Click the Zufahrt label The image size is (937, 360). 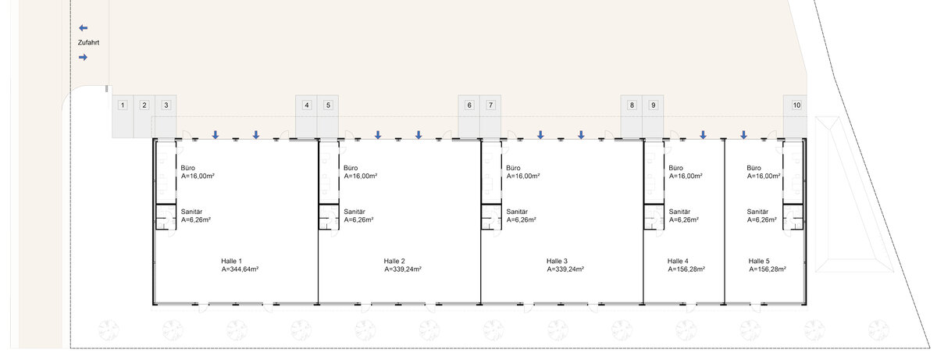point(88,43)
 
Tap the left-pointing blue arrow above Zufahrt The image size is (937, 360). point(84,28)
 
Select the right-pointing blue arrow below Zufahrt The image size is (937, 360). point(84,57)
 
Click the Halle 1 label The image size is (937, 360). point(231,262)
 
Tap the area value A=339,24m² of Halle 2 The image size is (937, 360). point(403,269)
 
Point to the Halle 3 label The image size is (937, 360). point(557,262)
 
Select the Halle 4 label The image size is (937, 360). point(678,262)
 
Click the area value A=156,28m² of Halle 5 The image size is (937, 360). point(768,269)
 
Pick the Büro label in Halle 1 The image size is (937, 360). point(188,168)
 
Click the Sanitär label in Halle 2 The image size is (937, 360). point(354,212)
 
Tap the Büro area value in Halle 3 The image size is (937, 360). point(523,176)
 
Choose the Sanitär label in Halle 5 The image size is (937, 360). point(757,212)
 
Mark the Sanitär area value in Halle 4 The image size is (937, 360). point(684,220)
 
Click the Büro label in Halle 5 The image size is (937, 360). point(754,168)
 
